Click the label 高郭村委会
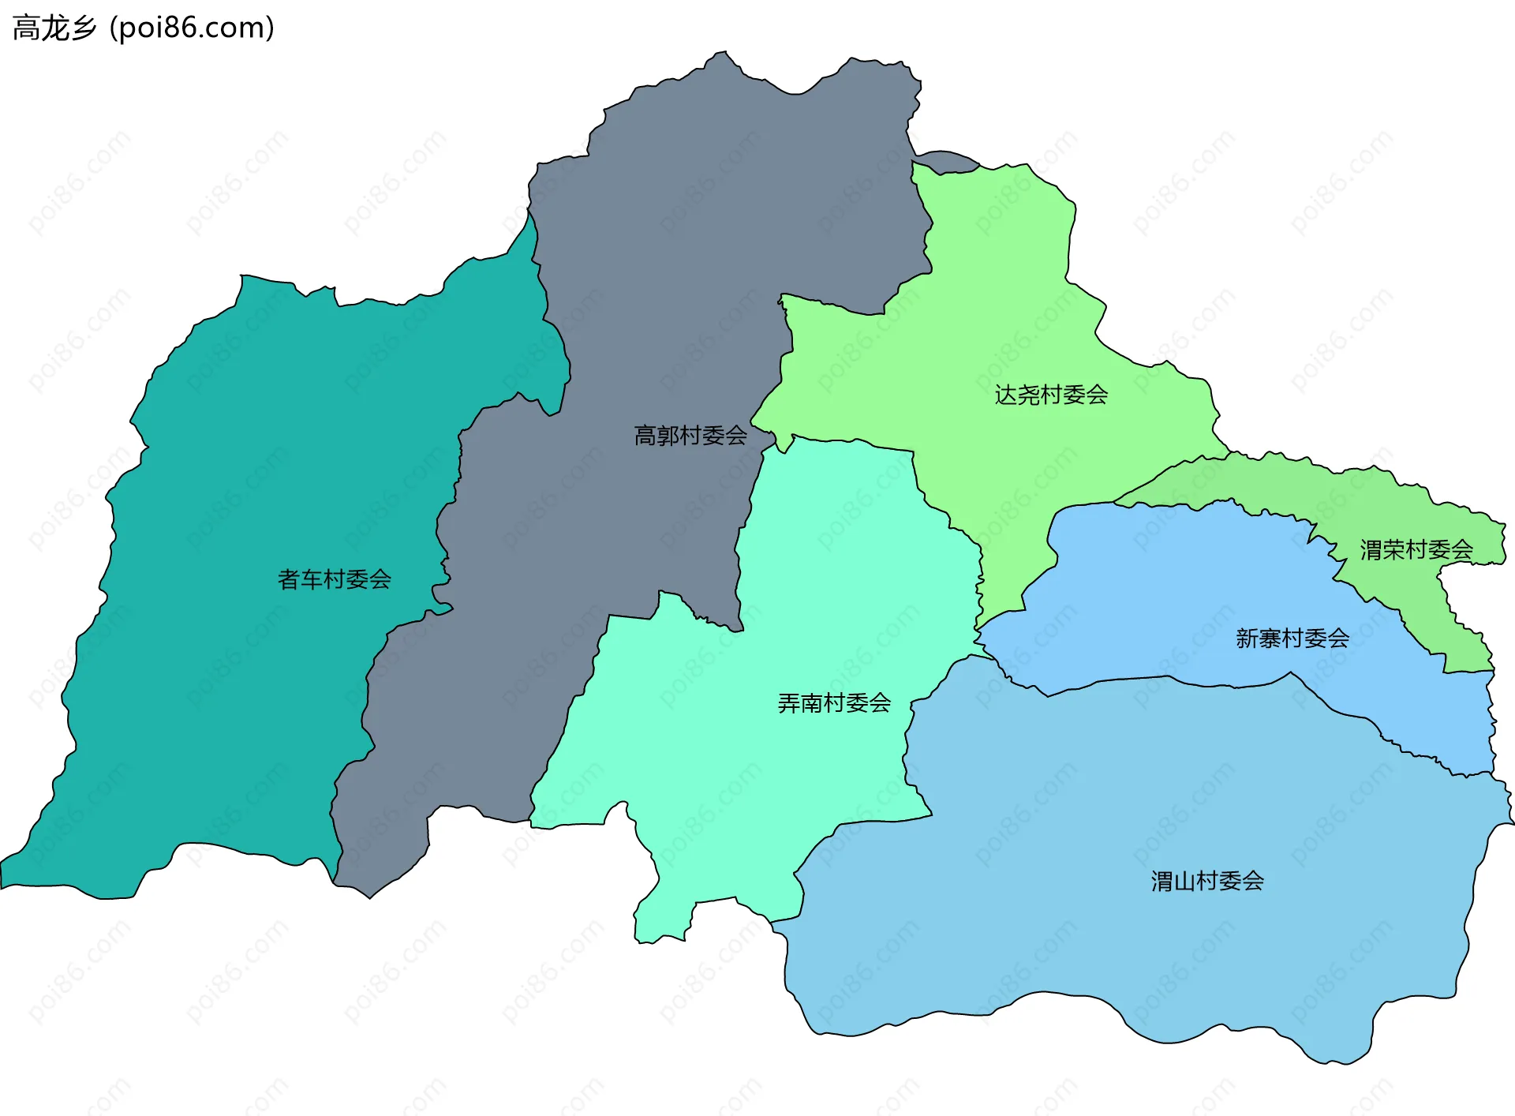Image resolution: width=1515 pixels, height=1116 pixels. (690, 435)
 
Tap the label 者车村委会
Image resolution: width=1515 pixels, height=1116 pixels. (335, 579)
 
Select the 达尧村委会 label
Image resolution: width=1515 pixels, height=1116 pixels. (1051, 395)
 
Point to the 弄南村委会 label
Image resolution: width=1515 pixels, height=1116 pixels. (834, 702)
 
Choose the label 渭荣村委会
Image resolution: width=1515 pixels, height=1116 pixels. (1416, 549)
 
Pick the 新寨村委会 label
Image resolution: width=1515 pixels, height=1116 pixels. (1292, 638)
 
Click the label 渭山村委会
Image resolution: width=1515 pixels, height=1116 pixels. (1207, 881)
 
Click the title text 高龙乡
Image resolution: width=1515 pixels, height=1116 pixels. (54, 28)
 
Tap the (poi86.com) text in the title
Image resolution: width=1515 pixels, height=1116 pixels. (192, 28)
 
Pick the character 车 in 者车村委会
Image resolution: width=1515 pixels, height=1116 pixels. (312, 579)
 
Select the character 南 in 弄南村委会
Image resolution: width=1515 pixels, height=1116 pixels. (811, 702)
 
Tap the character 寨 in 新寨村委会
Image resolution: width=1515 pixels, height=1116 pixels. (1270, 638)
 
